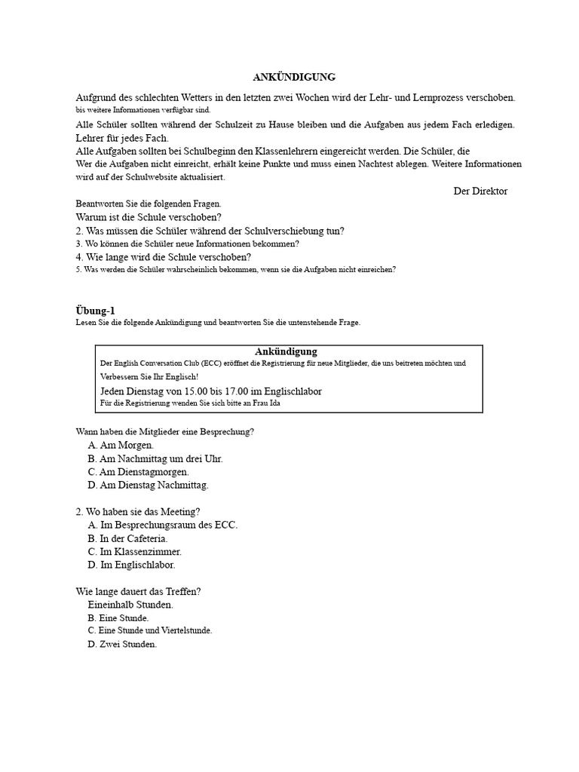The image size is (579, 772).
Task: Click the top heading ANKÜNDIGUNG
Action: [293, 77]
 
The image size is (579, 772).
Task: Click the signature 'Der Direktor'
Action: [480, 191]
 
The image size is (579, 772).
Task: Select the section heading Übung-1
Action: [96, 311]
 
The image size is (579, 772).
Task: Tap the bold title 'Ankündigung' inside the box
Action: [286, 351]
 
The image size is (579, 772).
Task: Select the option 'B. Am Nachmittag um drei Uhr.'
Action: [155, 458]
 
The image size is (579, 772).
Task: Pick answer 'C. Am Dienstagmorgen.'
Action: [138, 471]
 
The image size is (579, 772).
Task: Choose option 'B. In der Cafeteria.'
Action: [127, 538]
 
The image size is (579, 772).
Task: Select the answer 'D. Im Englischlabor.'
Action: [131, 565]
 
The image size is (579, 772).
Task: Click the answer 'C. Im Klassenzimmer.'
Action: [134, 552]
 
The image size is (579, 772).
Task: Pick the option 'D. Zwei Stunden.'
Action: [122, 644]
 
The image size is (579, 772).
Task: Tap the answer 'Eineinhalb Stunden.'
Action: [130, 605]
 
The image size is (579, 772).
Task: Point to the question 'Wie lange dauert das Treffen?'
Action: [139, 591]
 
